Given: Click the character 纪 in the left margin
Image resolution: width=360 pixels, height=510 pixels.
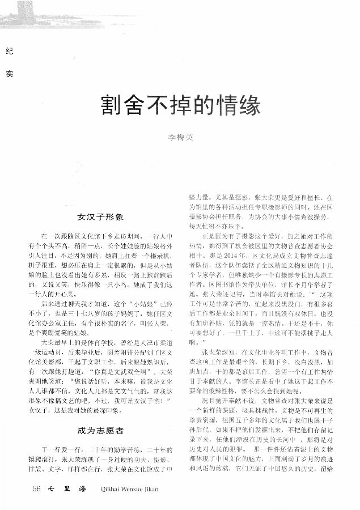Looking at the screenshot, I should coord(8,52).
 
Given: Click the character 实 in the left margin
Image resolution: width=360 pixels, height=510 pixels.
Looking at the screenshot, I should coord(8,73).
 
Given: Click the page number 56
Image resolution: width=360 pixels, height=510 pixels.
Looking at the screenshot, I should coord(37,488).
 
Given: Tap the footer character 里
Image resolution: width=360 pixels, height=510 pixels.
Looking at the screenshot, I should coord(67,488).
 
